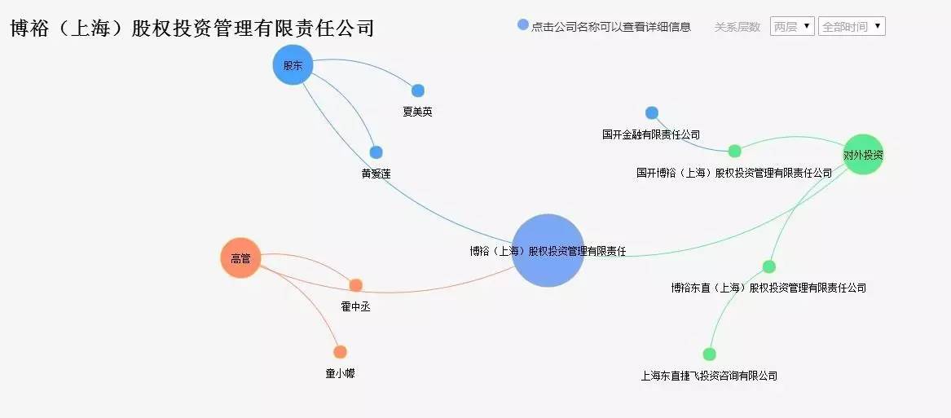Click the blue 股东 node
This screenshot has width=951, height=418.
293,65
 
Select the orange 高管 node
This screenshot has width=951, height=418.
240,258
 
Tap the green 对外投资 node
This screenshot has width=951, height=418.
863,155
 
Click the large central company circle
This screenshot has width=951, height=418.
548,250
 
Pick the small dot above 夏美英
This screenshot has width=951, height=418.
418,90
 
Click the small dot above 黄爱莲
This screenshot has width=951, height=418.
376,152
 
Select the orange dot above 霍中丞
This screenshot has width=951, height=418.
355,285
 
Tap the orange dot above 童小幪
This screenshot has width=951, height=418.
340,352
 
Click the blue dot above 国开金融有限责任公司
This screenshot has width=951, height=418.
651,113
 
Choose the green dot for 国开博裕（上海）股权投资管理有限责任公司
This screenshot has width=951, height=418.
734,151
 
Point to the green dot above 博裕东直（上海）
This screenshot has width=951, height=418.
768,266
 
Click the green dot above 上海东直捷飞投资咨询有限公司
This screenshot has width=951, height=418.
709,354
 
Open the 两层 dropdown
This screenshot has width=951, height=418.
791,26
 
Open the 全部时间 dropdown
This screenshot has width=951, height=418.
852,26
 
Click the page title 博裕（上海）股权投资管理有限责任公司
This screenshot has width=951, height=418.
192,29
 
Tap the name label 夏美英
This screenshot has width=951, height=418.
417,112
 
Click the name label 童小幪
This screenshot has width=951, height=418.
340,373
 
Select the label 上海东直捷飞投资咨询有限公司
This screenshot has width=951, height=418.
709,376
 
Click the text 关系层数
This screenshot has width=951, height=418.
737,27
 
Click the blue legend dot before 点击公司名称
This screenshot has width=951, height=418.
523,25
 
